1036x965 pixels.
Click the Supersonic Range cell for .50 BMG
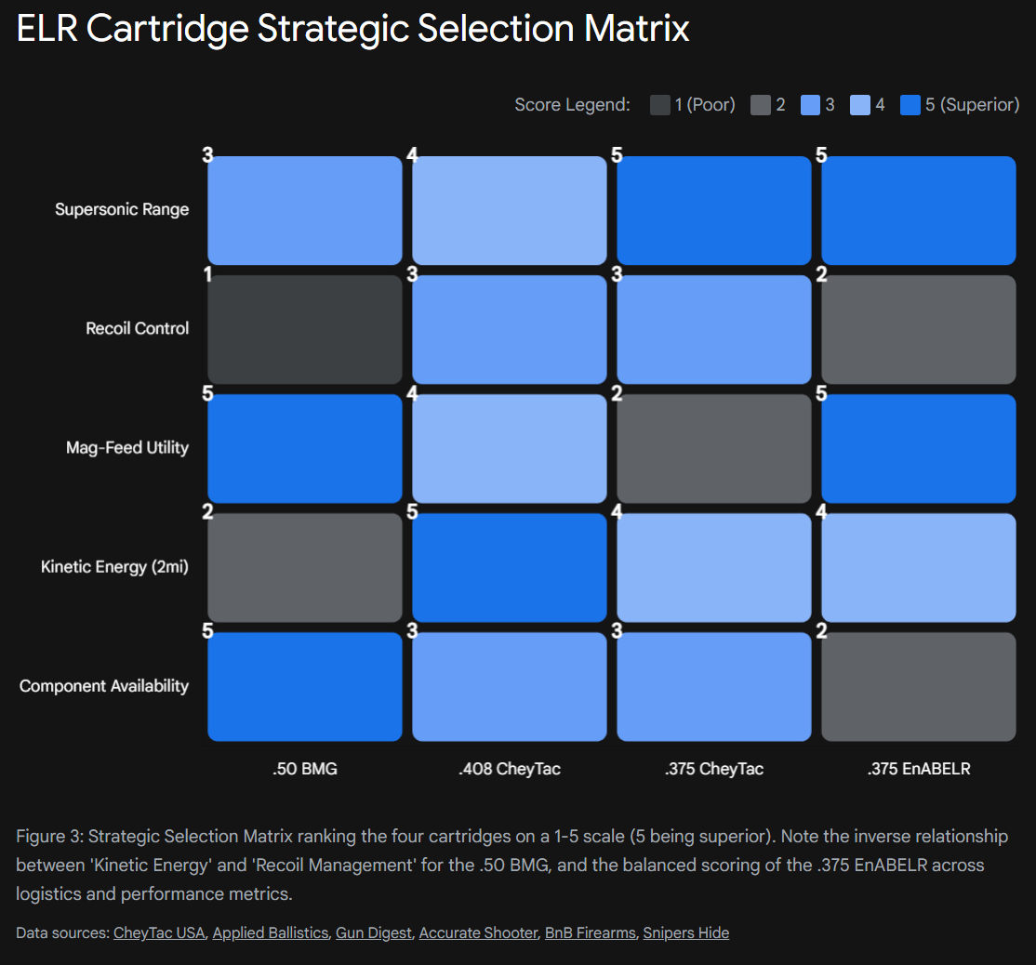305,210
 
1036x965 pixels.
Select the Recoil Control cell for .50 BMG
305,329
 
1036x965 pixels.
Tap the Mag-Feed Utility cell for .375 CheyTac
714,448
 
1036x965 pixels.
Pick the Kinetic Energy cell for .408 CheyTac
510,567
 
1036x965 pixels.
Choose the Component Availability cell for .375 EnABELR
919,686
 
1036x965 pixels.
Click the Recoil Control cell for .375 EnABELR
919,329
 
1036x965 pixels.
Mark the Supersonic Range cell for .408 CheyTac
510,210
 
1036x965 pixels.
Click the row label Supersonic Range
122,209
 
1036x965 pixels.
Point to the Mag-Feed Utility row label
127,447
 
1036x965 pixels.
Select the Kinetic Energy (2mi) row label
114,566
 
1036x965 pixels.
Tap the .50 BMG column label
305,769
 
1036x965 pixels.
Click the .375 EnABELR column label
919,769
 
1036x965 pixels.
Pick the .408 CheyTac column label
510,769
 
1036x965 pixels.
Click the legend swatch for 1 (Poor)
660,105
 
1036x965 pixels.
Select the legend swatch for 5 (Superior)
910,105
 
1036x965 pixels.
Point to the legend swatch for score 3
810,105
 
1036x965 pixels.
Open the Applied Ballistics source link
271,932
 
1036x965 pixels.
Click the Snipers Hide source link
686,932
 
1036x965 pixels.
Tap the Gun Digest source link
374,932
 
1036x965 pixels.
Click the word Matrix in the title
637,29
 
